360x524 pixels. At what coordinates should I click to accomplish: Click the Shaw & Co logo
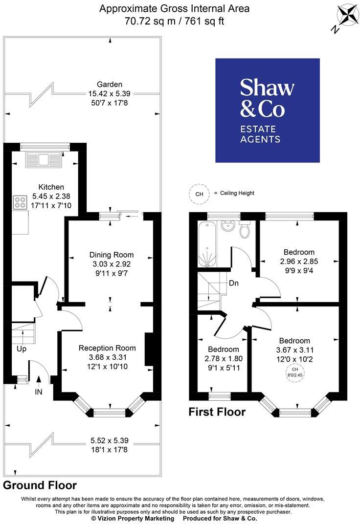(x=268, y=110)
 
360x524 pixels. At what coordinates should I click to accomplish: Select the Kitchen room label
(x=51, y=187)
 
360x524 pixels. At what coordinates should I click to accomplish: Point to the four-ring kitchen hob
(x=21, y=202)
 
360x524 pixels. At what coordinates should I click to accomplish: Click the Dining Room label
(x=111, y=255)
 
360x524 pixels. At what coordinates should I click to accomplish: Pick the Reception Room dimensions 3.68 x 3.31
(x=107, y=357)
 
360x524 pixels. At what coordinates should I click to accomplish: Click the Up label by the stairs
(x=22, y=349)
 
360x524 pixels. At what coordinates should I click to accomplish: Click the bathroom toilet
(x=245, y=230)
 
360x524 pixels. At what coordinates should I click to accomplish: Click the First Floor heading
(x=217, y=412)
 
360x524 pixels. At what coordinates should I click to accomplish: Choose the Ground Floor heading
(x=40, y=485)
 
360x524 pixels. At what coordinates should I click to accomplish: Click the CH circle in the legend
(x=199, y=194)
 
